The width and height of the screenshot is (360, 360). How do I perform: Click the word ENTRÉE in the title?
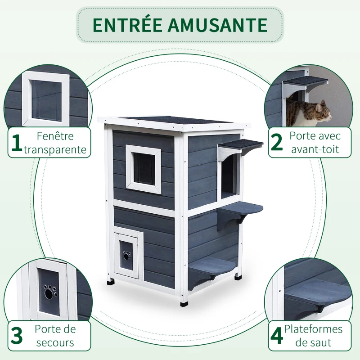[x=129, y=25]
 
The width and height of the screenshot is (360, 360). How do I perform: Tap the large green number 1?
[x=17, y=143]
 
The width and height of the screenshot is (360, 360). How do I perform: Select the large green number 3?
[x=17, y=336]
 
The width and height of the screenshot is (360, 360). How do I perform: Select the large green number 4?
[x=277, y=336]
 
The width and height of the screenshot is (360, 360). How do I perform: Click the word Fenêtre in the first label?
[x=56, y=136]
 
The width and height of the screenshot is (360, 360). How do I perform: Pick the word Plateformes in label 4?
[x=313, y=329]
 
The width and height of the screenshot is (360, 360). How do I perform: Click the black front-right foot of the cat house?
[x=184, y=302]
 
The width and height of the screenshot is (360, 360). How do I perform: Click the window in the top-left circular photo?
[x=46, y=100]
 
